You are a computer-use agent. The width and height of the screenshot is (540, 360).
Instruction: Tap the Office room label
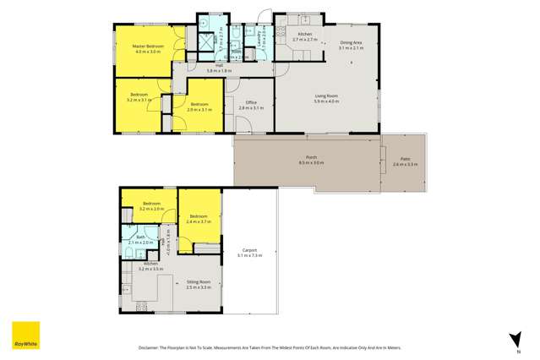tap(251, 103)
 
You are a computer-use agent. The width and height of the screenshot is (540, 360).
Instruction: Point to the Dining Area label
tap(352, 43)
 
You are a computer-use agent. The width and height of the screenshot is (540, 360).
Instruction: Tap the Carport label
tap(249, 249)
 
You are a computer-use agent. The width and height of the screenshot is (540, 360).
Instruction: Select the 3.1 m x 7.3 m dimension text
tap(249, 254)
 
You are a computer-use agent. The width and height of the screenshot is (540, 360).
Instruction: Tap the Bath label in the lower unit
tap(141, 237)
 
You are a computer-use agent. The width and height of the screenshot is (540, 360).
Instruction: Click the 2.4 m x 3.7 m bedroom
tap(199, 220)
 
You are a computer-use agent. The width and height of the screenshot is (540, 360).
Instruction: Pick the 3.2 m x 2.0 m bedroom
tap(152, 206)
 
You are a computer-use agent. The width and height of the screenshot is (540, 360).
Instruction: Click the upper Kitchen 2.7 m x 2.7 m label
tap(304, 37)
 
